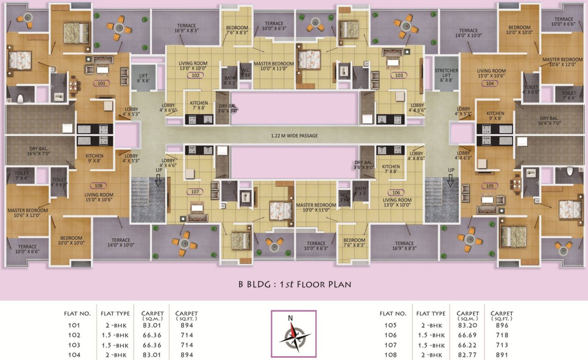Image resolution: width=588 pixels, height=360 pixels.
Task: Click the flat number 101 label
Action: (x=101, y=83)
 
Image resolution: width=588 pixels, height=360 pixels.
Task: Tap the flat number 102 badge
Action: (x=195, y=75)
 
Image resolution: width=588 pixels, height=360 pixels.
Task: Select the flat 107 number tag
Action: (x=195, y=192)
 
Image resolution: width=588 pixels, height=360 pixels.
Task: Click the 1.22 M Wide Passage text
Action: (x=294, y=136)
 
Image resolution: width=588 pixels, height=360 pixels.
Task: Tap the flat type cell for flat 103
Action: (x=114, y=345)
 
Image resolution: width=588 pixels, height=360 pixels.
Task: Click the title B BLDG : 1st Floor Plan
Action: (x=294, y=284)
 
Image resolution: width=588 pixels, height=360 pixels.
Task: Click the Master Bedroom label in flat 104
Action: (x=562, y=62)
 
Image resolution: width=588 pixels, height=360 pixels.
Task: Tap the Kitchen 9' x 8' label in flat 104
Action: (x=495, y=116)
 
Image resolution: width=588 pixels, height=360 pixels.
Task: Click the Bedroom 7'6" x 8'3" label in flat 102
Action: (x=237, y=30)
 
